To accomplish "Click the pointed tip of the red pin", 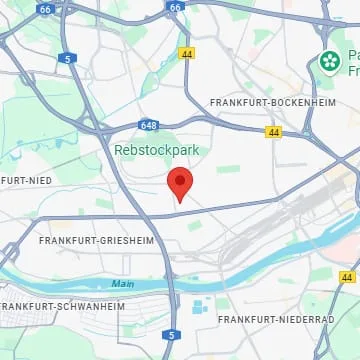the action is pos(179,202).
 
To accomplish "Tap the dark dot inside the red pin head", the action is pos(179,181).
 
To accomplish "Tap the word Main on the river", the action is pos(122,284).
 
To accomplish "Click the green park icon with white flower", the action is pos(329,62).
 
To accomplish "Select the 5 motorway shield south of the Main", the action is pos(172,335).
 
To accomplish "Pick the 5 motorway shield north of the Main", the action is pos(65,59).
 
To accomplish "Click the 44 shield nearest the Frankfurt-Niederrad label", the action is pos(347,276).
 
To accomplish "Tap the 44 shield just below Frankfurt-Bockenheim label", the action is pos(274,132).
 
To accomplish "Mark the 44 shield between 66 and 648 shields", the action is pos(187,52).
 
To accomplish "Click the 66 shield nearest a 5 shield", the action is pos(44,7).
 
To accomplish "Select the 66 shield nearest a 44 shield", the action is pos(176,6).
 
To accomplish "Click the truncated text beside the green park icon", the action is pos(353,62).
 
